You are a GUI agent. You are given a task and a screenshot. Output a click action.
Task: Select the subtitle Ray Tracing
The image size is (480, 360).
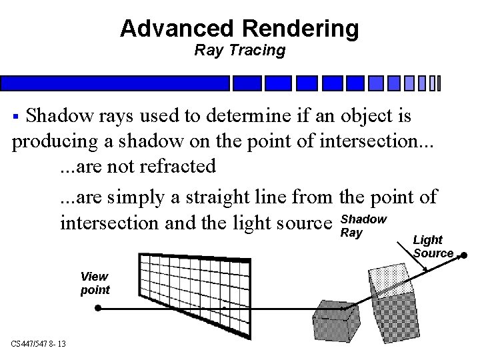point(239,50)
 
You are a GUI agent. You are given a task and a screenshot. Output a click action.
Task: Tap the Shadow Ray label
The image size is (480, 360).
point(363,226)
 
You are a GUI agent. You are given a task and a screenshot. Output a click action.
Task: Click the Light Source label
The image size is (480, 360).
point(433,246)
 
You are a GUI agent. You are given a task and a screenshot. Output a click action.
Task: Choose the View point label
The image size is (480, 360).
point(95,283)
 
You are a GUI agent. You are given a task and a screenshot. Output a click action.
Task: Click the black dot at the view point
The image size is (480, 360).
point(98,308)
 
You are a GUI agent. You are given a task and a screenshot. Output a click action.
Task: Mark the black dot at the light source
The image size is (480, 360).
point(464,255)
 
